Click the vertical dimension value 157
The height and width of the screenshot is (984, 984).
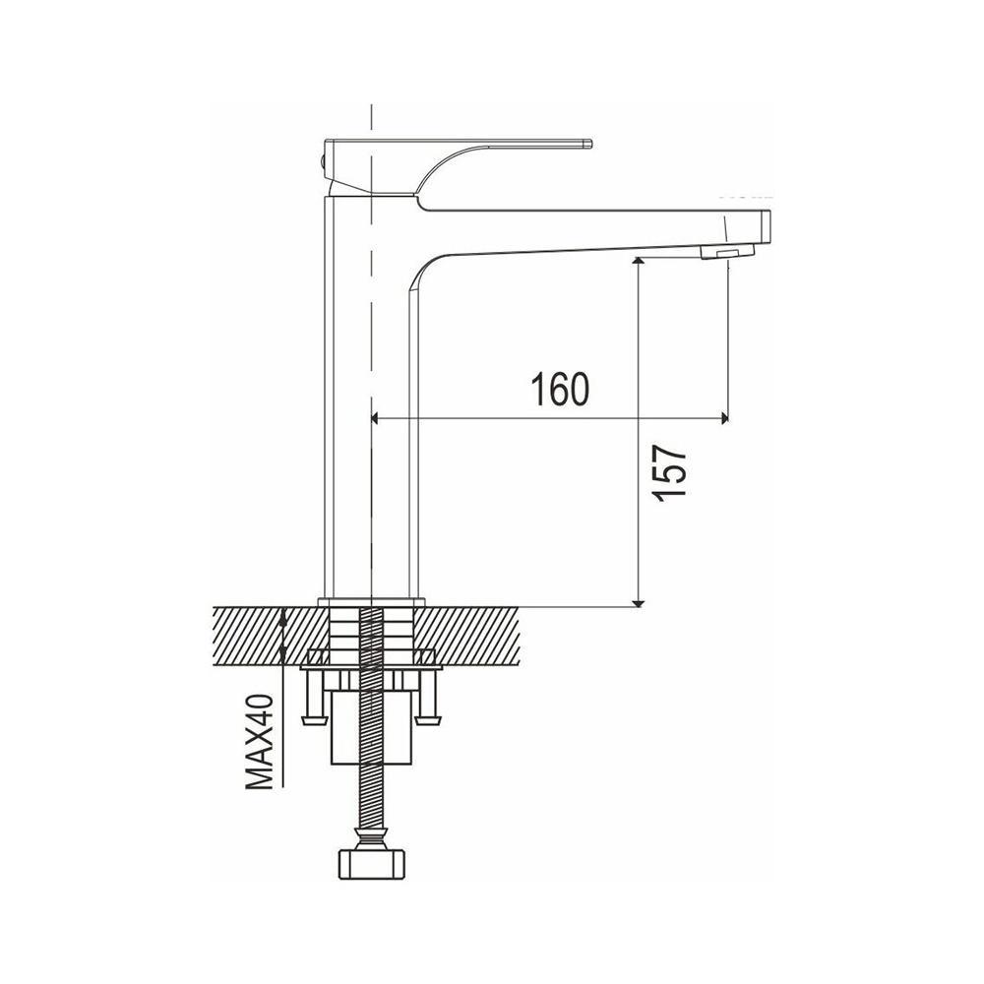669,474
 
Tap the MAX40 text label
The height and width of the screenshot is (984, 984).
259,742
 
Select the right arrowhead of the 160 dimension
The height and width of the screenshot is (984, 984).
724,418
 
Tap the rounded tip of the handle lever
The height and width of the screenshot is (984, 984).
588,143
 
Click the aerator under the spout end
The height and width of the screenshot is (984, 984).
727,252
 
